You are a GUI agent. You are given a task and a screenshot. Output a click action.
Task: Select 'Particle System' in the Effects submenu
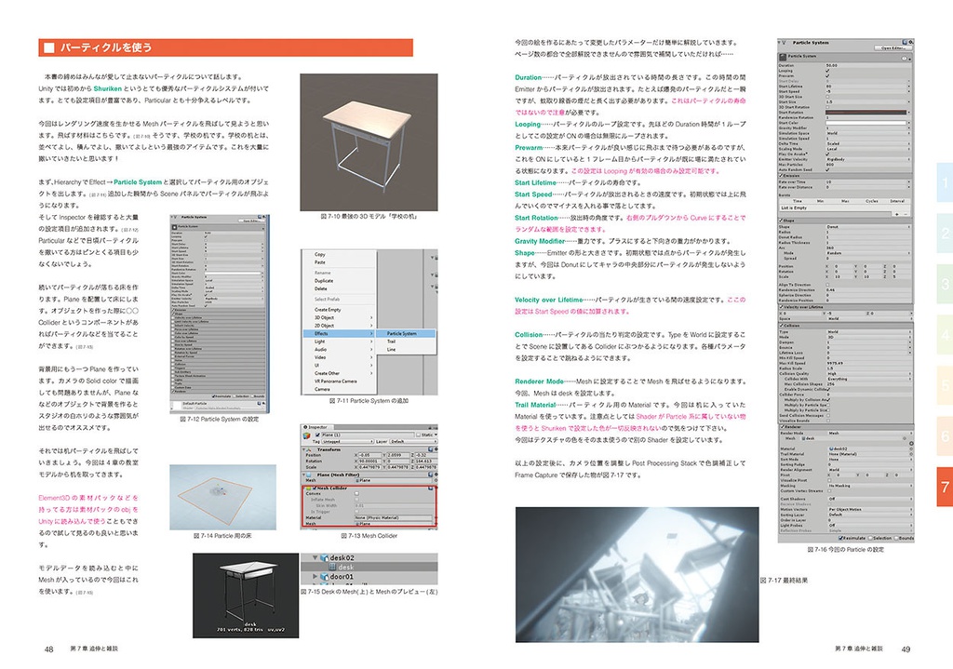[x=402, y=333]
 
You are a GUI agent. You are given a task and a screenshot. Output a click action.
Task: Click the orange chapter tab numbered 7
[x=944, y=486]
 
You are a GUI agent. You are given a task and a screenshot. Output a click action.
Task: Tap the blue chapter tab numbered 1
[x=944, y=183]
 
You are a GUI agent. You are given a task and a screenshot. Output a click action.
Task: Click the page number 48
[x=49, y=648]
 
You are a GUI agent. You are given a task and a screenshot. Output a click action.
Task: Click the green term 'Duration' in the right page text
[x=528, y=77]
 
